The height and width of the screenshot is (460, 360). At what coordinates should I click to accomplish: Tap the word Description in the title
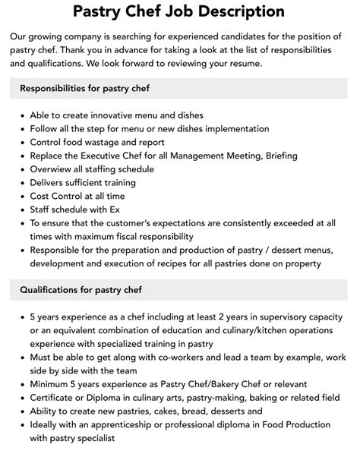click(x=242, y=11)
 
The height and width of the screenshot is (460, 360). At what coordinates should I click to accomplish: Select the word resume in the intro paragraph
click(x=242, y=64)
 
